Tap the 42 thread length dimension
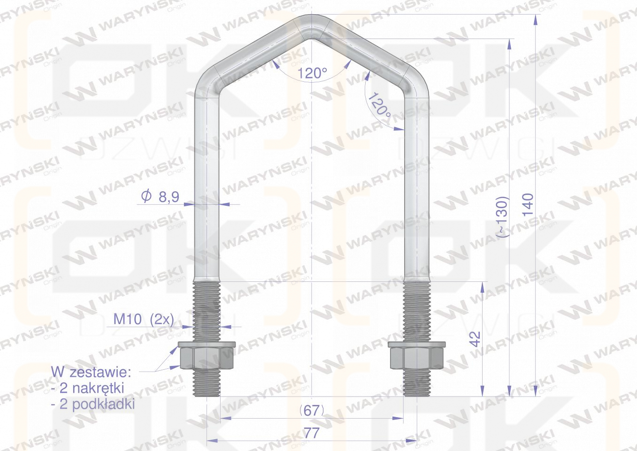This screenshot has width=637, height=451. pos(476,339)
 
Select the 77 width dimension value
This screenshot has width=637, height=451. pos(311,433)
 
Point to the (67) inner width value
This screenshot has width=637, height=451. pos(311,410)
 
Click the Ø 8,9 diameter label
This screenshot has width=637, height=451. pos(160,197)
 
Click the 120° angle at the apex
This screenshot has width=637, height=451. pos(312,73)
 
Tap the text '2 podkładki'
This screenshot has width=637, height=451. pos(92,404)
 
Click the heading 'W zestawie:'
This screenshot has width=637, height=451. pos(91,373)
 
